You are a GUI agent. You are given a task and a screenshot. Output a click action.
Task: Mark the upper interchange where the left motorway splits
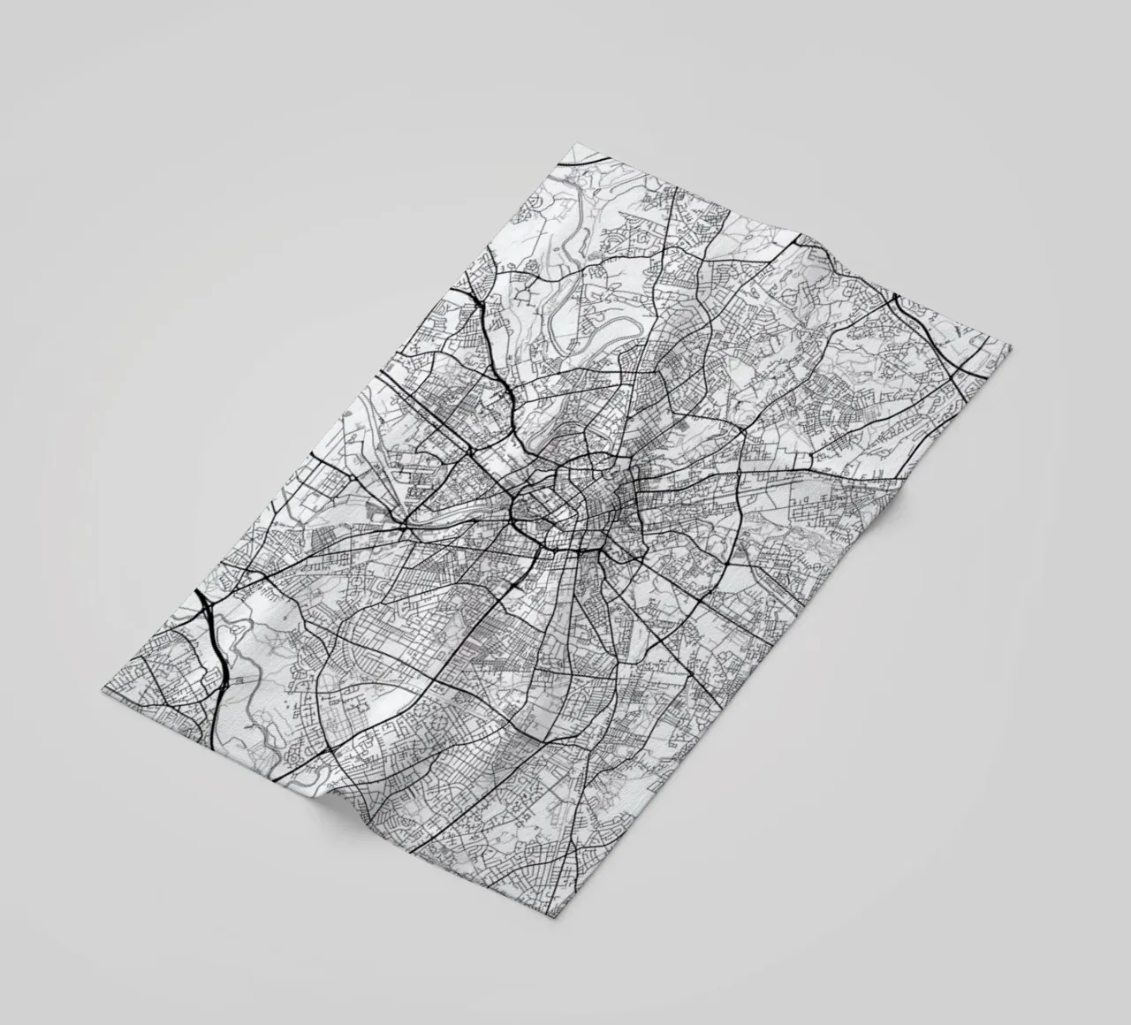(x=206, y=610)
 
